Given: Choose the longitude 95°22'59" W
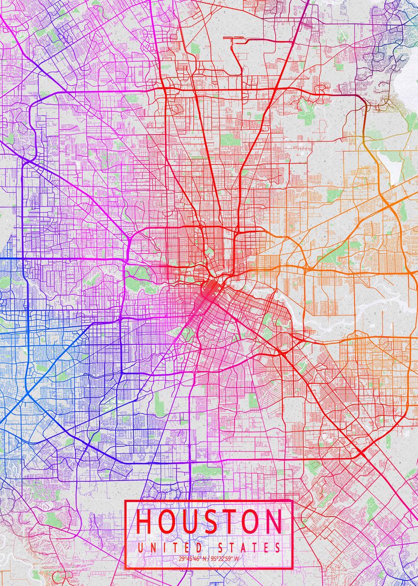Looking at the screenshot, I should point(226,559).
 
